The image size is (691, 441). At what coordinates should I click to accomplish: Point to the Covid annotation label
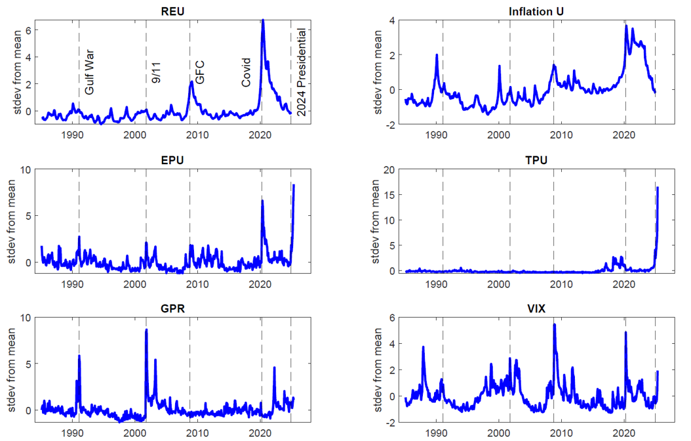(x=247, y=72)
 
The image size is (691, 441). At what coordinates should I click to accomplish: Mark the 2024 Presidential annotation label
(x=302, y=72)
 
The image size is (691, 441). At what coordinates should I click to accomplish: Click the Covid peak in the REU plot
(x=263, y=20)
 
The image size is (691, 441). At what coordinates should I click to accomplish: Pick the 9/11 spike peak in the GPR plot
(x=146, y=330)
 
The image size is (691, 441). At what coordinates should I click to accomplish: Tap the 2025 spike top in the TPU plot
(x=658, y=188)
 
